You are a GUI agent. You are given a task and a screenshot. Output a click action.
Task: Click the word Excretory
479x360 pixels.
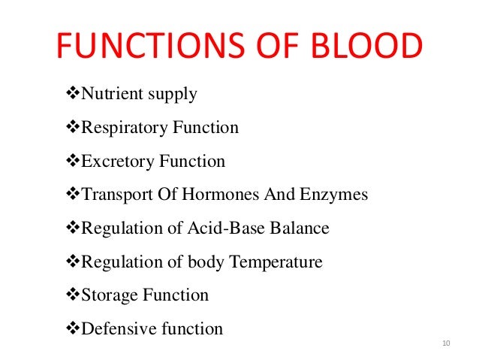116,162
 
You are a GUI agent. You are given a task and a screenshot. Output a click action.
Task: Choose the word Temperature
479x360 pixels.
276,262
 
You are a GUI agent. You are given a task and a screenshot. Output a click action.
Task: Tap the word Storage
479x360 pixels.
111,295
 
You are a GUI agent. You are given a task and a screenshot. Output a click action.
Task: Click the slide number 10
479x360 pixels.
446,343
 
